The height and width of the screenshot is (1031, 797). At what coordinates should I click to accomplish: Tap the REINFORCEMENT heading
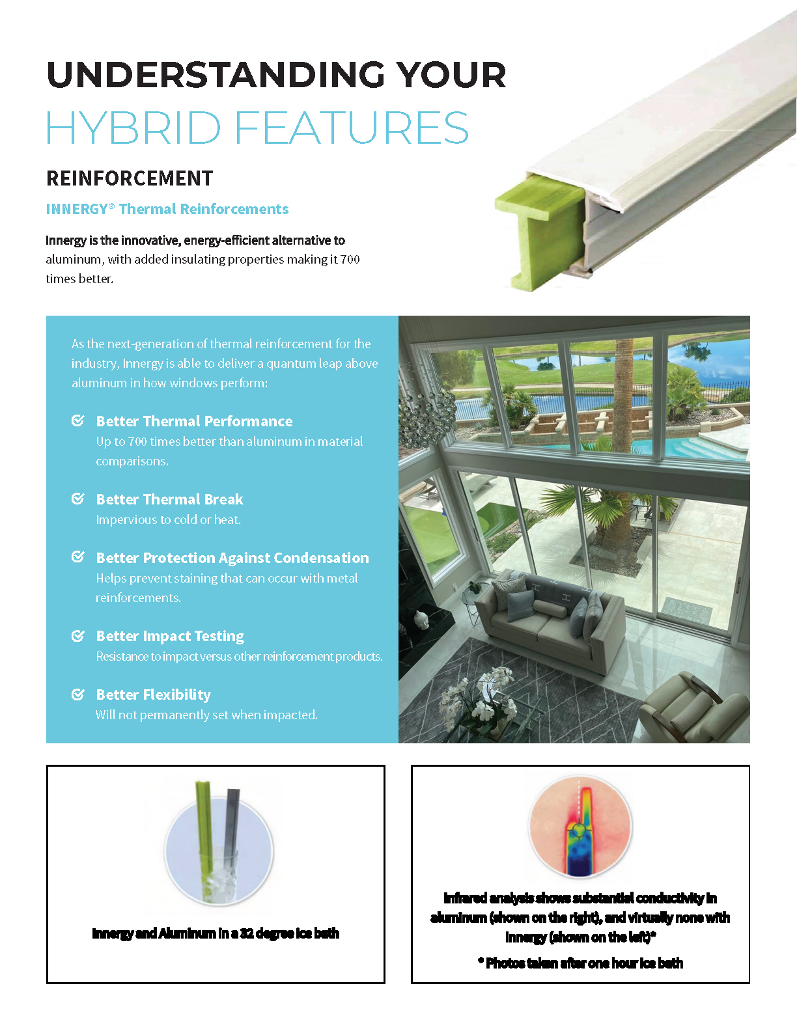click(130, 178)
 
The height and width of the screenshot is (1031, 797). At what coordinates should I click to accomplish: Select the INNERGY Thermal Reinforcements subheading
click(167, 209)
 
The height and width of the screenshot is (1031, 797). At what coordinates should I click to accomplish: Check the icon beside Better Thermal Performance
click(77, 421)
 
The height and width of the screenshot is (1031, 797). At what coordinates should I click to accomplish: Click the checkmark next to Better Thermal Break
click(77, 499)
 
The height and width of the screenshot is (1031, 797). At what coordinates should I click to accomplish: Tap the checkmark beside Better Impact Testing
click(77, 636)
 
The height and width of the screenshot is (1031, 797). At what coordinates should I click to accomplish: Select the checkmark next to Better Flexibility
click(77, 694)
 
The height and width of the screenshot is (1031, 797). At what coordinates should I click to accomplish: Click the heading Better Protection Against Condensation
click(232, 558)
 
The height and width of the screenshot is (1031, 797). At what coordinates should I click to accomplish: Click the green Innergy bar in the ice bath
click(204, 820)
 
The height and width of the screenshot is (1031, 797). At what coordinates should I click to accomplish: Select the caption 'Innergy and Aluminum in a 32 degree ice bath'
click(216, 933)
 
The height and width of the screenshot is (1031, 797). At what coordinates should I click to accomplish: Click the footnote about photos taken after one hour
click(581, 963)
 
